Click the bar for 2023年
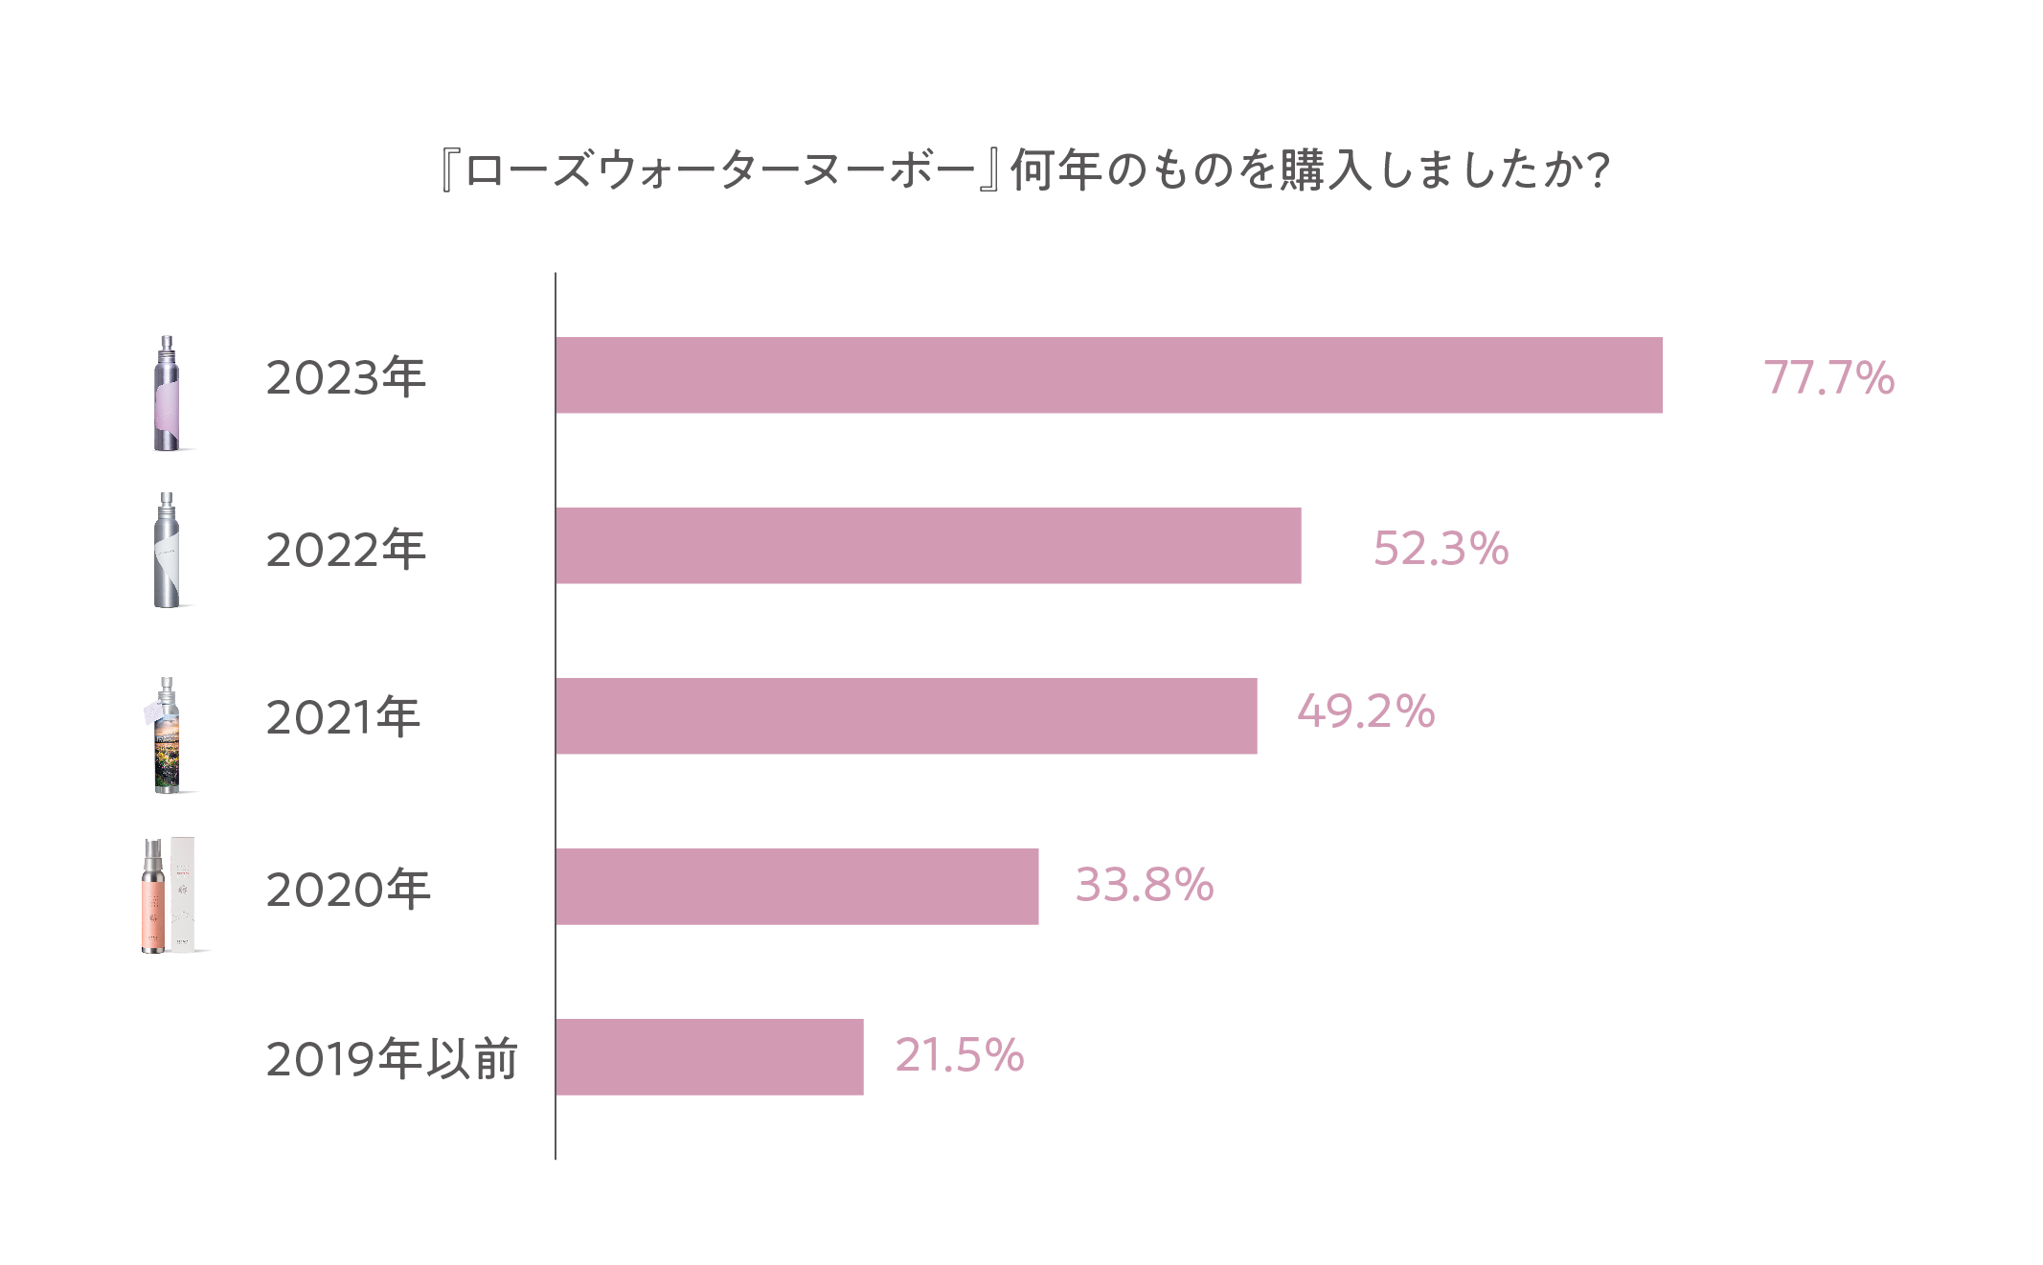(1108, 375)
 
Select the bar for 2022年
(928, 546)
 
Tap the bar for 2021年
(906, 716)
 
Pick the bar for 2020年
(797, 887)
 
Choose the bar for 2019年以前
(709, 1057)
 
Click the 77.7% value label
(1828, 377)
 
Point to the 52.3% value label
(1441, 549)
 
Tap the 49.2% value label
(1366, 712)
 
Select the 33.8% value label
(1145, 885)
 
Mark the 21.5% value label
(960, 1055)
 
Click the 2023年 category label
(346, 377)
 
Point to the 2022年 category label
(346, 550)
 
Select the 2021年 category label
(343, 717)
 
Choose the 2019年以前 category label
(392, 1059)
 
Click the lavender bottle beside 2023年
(167, 395)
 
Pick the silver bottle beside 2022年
(167, 552)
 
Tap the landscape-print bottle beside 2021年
(167, 736)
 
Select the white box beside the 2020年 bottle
(183, 894)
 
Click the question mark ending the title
(1598, 170)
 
